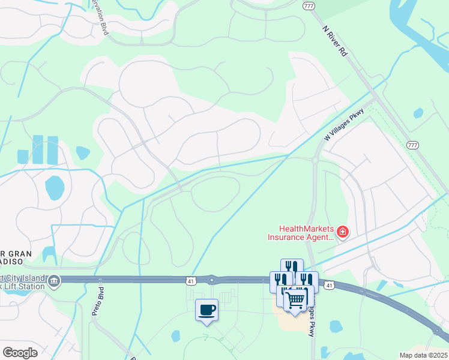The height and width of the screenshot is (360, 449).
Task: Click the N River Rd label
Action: [335, 41]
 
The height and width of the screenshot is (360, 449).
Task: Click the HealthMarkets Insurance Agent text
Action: [300, 232]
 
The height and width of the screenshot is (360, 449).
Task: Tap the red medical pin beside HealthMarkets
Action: [343, 232]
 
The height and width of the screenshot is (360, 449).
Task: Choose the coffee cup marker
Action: [206, 310]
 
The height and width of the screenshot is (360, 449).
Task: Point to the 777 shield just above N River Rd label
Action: [309, 5]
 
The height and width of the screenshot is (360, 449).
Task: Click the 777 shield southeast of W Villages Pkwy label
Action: [412, 145]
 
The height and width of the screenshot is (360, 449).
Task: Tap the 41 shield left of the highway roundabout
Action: [190, 280]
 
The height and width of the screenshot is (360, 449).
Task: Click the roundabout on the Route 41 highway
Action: [211, 280]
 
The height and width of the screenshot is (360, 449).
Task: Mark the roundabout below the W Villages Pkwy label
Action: [314, 160]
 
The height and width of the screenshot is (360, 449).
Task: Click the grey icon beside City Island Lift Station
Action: [54, 281]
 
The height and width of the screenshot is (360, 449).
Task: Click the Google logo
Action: [20, 352]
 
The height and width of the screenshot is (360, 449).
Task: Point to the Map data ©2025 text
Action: [424, 355]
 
